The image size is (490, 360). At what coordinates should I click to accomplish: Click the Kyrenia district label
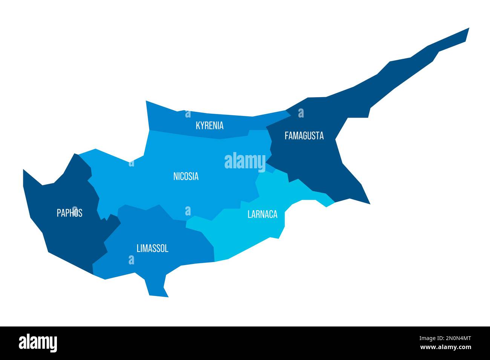(x=210, y=125)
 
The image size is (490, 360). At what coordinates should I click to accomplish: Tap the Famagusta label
(x=304, y=136)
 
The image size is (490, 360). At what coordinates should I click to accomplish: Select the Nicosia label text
(x=186, y=176)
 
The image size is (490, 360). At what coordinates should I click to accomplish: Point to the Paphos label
(x=69, y=213)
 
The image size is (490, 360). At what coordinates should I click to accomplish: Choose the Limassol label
(x=152, y=248)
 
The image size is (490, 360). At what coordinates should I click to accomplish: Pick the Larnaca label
(x=262, y=214)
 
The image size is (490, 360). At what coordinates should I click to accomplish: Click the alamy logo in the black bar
(x=38, y=343)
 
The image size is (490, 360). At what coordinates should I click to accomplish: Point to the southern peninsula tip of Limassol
(x=158, y=296)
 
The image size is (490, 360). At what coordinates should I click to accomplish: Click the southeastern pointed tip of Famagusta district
(x=370, y=204)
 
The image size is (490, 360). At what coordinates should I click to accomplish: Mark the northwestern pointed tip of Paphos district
(x=24, y=170)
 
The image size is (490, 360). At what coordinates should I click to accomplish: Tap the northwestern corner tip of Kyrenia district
(x=146, y=101)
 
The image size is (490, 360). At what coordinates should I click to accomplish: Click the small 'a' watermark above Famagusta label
(x=301, y=113)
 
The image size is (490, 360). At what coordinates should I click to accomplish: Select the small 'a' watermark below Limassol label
(x=131, y=259)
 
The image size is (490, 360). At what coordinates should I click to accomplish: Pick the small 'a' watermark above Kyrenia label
(x=187, y=114)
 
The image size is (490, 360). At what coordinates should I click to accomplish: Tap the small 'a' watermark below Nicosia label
(x=188, y=211)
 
